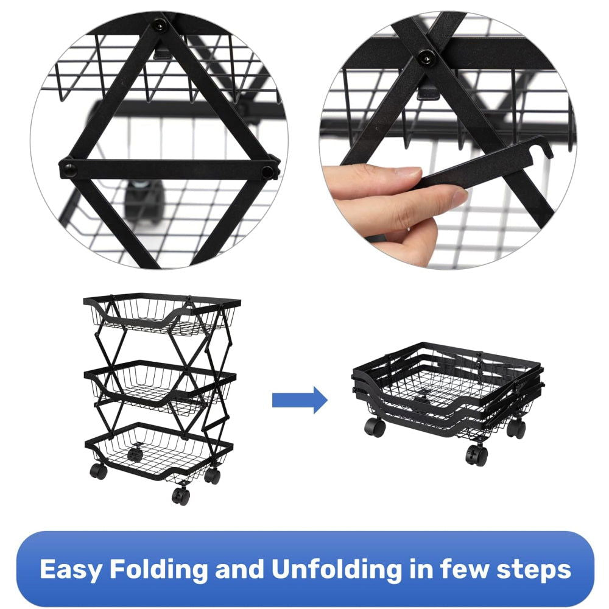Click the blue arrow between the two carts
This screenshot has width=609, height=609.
coord(300,400)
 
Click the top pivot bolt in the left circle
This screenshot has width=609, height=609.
coord(159,26)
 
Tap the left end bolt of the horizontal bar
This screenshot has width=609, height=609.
coord(68,169)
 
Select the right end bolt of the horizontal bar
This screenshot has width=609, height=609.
coord(267,171)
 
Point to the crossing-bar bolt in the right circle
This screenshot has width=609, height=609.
coord(425,57)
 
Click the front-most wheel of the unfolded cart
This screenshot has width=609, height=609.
coord(181,496)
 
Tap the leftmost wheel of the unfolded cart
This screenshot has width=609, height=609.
coord(98,471)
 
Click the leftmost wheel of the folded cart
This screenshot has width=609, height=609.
coord(375,426)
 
